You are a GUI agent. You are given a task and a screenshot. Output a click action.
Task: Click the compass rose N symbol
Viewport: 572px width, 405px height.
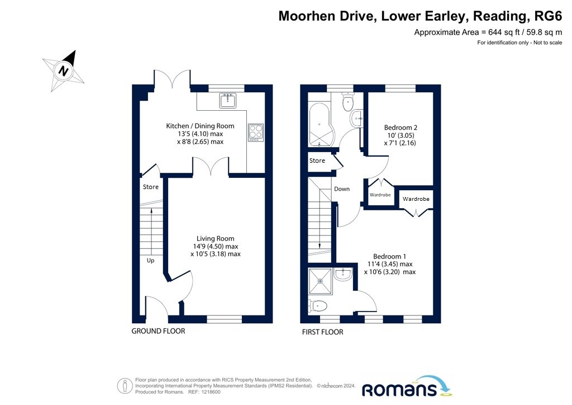tap(64, 70)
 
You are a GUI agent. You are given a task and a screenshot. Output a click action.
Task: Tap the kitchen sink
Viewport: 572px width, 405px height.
tap(228, 100)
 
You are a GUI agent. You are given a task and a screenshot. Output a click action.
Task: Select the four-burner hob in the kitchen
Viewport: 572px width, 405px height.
tap(256, 133)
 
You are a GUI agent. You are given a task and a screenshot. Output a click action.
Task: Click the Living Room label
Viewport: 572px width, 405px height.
tap(215, 238)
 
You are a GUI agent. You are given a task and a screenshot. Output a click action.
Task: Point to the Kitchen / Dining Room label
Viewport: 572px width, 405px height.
tap(201, 126)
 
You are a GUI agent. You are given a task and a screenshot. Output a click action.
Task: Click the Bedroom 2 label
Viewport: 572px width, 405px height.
tap(401, 128)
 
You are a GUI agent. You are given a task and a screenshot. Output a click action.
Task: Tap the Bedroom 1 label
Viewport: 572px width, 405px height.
tap(389, 256)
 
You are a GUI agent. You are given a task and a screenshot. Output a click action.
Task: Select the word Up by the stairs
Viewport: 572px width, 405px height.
tap(150, 260)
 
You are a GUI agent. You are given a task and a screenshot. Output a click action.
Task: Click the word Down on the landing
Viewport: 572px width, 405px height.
tap(342, 189)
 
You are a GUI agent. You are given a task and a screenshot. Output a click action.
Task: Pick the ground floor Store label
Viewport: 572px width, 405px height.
tap(151, 187)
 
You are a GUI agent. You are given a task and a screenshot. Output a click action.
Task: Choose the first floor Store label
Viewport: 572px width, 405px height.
tap(317, 161)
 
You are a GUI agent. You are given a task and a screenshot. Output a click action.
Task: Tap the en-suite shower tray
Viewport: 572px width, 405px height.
tap(320, 281)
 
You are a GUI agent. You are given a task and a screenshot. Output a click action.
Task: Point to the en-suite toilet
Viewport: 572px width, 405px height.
tap(317, 305)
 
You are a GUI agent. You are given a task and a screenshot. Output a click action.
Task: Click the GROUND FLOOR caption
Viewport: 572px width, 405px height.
tap(158, 331)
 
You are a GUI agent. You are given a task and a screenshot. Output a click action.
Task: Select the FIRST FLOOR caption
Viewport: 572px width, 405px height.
tap(322, 332)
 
